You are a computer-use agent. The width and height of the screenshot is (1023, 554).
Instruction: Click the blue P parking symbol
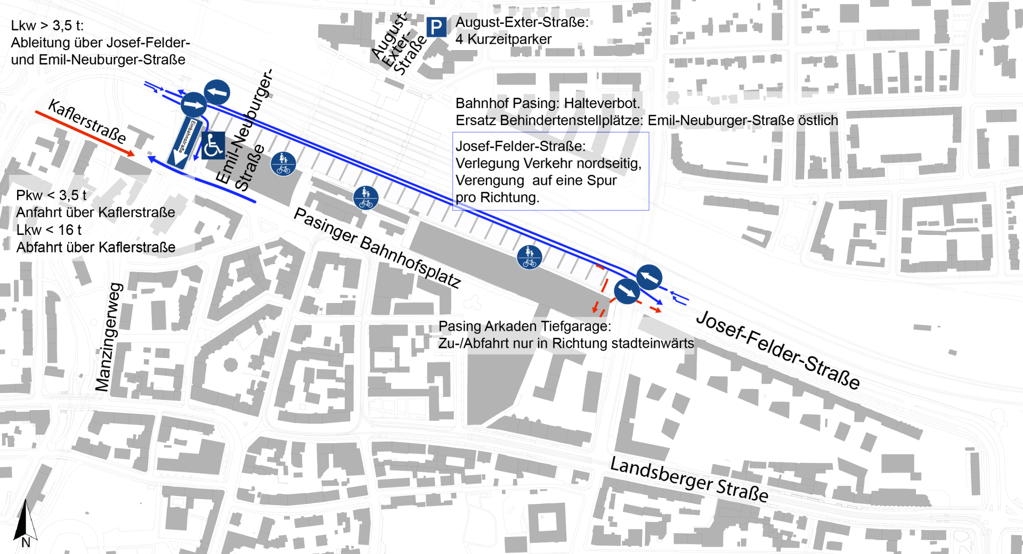[436, 27]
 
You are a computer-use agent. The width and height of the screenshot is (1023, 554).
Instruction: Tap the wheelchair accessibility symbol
[213, 145]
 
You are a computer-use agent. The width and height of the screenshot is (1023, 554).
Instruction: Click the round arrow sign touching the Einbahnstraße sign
[193, 104]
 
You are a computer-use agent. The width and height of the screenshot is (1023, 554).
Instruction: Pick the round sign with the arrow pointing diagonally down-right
[627, 291]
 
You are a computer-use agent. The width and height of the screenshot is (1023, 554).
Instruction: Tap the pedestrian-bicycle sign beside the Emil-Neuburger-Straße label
[283, 164]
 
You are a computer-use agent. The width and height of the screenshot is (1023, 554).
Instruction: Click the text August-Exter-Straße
[522, 22]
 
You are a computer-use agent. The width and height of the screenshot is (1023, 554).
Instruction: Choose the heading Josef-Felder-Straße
[520, 146]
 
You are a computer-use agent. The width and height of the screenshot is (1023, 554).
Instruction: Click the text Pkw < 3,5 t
[51, 195]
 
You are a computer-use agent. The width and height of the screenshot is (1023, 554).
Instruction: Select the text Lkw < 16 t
[48, 230]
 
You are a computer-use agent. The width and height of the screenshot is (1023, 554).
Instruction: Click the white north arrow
[30, 519]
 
